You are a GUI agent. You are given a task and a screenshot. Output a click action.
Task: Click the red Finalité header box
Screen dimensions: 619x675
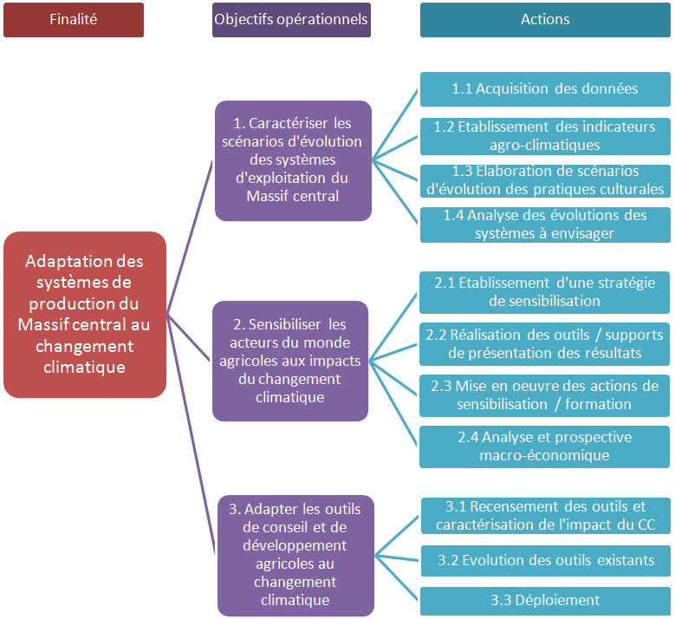click(74, 19)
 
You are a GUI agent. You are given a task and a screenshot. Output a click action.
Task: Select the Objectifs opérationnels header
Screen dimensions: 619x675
click(291, 19)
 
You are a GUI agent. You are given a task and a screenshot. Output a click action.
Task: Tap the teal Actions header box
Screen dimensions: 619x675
click(545, 19)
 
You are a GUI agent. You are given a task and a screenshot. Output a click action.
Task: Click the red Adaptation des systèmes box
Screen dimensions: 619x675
click(85, 314)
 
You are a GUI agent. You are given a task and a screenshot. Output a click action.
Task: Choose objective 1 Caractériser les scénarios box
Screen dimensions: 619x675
click(293, 160)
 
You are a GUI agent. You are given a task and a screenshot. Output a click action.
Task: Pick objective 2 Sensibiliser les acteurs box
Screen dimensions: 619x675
click(290, 361)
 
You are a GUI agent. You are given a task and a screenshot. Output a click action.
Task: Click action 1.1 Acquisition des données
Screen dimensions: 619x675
click(545, 88)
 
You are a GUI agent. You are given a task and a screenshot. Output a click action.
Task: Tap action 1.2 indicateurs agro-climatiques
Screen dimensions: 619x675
click(545, 135)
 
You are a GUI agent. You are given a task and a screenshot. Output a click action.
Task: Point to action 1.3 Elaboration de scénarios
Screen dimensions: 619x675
click(545, 180)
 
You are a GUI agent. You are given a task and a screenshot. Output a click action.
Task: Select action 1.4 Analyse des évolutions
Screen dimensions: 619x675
click(545, 224)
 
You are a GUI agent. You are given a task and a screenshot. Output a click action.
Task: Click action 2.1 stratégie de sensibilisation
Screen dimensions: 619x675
click(545, 292)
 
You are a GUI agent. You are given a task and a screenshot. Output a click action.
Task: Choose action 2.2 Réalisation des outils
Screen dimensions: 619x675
click(545, 344)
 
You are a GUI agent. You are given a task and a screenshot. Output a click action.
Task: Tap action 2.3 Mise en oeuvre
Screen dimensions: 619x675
click(545, 394)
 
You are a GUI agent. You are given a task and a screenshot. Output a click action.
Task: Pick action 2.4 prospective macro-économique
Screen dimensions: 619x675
click(545, 446)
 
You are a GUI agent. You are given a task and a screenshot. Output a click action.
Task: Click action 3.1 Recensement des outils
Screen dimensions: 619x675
click(545, 516)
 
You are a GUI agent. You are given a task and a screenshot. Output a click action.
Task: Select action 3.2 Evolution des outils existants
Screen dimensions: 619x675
click(545, 560)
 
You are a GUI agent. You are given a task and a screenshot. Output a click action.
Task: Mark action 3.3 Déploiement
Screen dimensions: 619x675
click(545, 600)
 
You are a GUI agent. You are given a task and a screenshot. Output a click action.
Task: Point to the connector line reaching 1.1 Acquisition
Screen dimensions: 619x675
click(396, 124)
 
